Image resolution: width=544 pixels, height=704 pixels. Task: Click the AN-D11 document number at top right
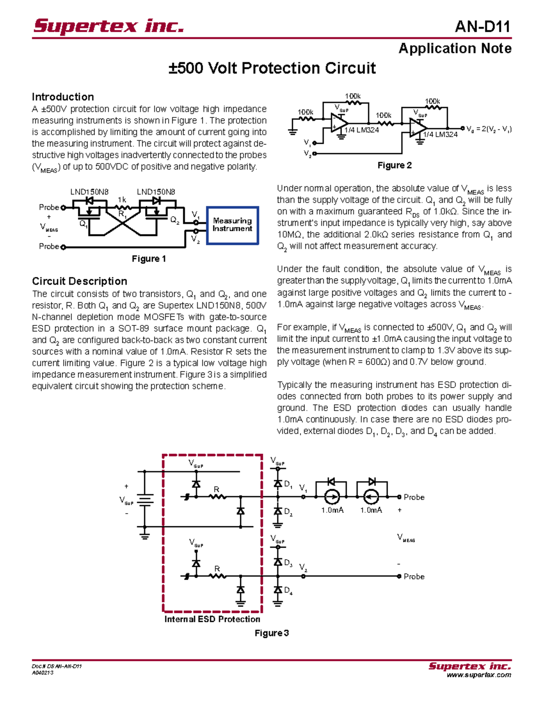click(x=483, y=27)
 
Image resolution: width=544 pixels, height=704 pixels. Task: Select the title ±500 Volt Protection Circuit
click(x=272, y=68)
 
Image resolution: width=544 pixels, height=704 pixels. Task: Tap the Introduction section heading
click(x=63, y=97)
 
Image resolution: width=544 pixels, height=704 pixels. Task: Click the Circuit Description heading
click(x=79, y=281)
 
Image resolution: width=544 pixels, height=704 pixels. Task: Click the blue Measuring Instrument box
click(x=233, y=225)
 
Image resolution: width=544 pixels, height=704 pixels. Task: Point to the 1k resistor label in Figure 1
click(x=122, y=200)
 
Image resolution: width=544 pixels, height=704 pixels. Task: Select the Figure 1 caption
click(x=149, y=259)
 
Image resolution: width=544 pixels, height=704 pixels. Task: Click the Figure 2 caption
click(x=394, y=165)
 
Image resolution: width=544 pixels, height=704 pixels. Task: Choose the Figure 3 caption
click(x=272, y=633)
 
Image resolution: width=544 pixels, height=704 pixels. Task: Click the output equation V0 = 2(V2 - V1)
click(x=489, y=129)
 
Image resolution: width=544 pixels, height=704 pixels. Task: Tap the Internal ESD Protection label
click(x=212, y=619)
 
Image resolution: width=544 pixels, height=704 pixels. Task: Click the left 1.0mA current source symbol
click(x=332, y=497)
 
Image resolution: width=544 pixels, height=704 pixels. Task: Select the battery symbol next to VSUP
click(x=145, y=499)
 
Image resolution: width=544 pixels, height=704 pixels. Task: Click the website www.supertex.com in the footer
click(x=479, y=675)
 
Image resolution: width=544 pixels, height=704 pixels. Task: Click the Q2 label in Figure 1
click(x=175, y=220)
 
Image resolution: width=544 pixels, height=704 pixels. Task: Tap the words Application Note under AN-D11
click(x=455, y=49)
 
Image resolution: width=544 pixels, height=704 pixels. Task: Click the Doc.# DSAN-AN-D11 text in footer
click(x=57, y=666)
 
